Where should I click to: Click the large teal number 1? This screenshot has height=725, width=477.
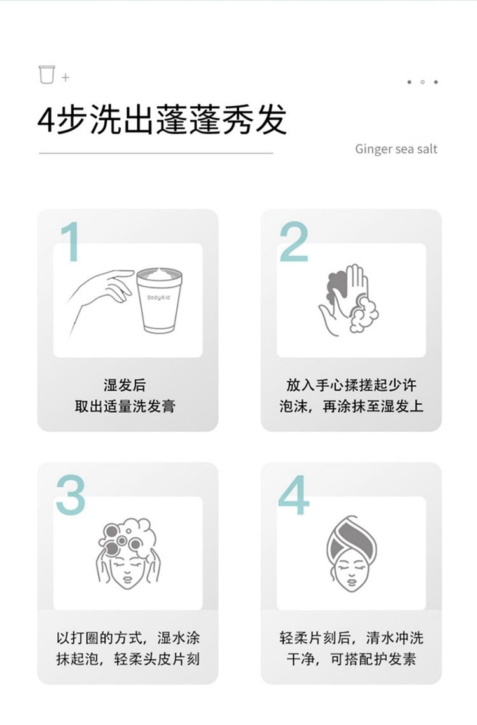tap(71, 242)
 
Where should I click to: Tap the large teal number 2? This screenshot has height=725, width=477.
tap(294, 242)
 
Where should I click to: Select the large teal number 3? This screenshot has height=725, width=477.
tap(70, 495)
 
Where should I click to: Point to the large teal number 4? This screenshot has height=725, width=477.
tap(294, 495)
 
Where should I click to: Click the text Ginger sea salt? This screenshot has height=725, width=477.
tap(396, 149)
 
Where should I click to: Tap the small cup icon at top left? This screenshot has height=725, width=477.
tap(46, 74)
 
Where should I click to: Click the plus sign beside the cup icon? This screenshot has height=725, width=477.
tap(66, 78)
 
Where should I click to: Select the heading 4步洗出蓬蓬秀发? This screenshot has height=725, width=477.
tap(162, 119)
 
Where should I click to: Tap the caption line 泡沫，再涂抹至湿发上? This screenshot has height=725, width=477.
tap(351, 406)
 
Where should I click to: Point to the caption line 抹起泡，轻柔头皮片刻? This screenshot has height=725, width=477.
tap(128, 659)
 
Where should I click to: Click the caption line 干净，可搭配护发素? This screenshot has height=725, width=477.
tap(351, 659)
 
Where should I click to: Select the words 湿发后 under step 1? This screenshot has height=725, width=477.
tap(125, 385)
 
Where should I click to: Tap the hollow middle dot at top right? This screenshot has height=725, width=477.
tap(422, 82)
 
